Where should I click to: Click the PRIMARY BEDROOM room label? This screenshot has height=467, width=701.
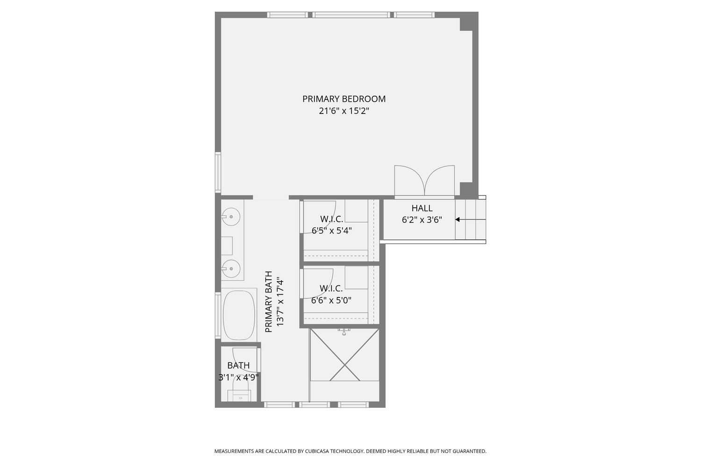[x=344, y=99]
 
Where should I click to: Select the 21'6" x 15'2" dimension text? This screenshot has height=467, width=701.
[x=344, y=111]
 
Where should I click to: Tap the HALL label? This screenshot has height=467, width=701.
[x=422, y=208]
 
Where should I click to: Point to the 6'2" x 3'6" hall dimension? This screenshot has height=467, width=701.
[x=422, y=220]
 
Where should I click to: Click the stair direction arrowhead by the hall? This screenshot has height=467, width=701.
[x=457, y=219]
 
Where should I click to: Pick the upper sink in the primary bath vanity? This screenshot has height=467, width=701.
[x=231, y=216]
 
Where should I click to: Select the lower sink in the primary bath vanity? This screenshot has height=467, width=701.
[x=231, y=269]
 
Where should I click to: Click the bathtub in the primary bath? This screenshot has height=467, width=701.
[x=239, y=315]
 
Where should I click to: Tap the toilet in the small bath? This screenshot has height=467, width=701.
[x=239, y=395]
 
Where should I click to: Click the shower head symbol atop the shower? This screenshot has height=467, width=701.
[x=344, y=332]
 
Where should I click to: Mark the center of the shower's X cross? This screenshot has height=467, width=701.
[x=344, y=365]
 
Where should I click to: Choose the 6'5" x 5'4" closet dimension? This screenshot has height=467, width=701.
[x=332, y=231]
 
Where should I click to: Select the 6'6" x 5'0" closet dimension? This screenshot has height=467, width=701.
[x=331, y=300]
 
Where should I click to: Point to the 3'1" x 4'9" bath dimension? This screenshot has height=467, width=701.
[x=238, y=377]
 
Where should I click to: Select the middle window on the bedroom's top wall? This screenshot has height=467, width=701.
[x=351, y=14]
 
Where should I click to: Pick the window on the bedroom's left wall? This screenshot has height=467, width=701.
[x=218, y=172]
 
